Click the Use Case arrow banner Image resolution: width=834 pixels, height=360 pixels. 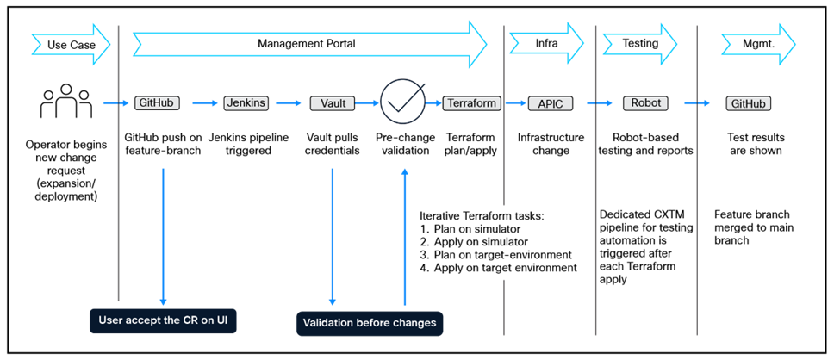click(70, 44)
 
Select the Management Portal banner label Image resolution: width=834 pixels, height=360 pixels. click(306, 43)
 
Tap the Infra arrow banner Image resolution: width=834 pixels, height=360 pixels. click(545, 43)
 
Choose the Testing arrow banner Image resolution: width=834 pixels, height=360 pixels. click(640, 43)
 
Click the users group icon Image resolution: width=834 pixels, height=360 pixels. click(65, 104)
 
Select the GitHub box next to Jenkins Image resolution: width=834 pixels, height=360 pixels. click(157, 103)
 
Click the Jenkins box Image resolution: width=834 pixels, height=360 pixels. click(246, 103)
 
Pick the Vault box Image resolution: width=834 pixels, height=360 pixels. click(333, 103)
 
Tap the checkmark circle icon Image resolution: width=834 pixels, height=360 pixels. click(403, 102)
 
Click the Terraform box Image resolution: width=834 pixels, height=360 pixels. click(472, 103)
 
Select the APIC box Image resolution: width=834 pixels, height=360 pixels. click(550, 103)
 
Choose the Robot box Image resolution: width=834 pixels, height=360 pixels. click(645, 103)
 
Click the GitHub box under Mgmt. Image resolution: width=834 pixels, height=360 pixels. click(747, 103)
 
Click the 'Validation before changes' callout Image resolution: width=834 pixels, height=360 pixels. click(370, 323)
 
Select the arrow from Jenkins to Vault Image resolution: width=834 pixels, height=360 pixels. click(289, 103)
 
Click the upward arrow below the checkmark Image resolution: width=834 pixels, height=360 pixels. click(405, 237)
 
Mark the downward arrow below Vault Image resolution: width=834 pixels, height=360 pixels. click(333, 237)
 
